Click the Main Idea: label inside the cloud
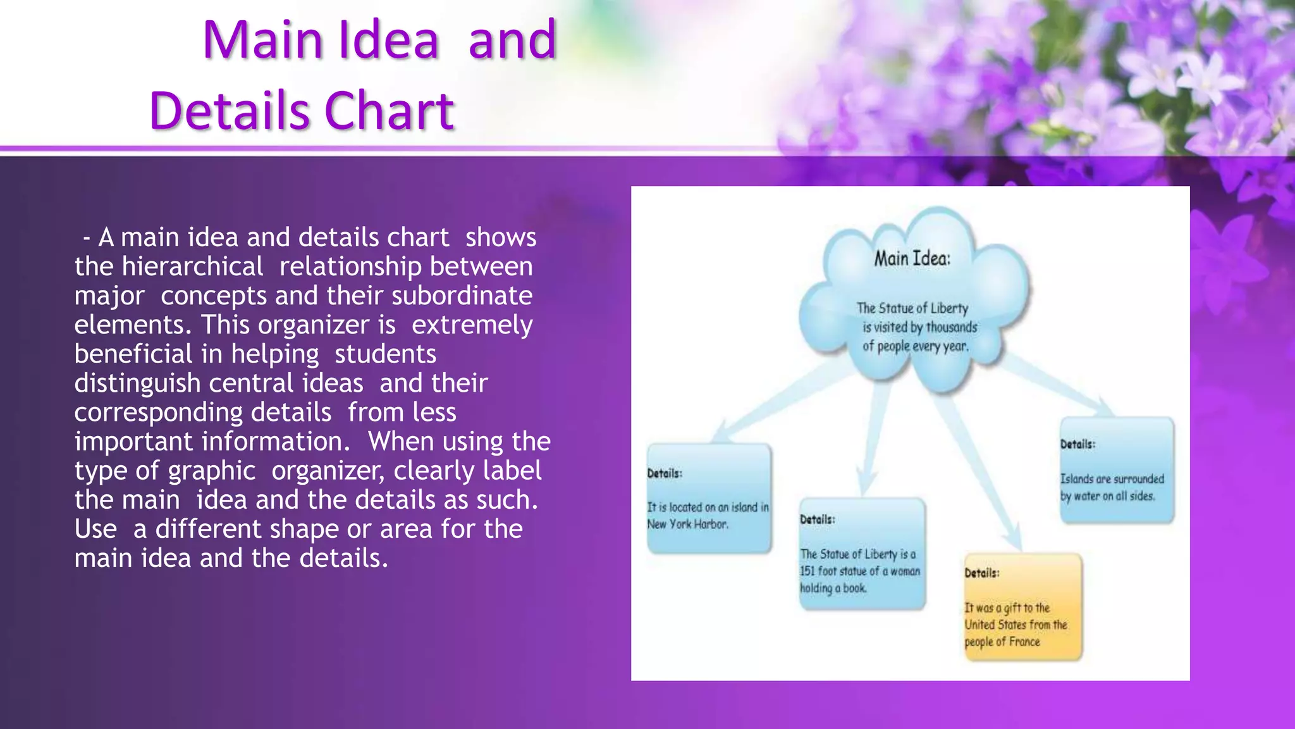[x=912, y=258]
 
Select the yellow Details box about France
[x=1022, y=607]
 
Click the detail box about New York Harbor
[x=708, y=499]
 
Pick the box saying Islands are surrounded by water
[x=1116, y=470]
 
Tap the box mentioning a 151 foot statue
[x=861, y=554]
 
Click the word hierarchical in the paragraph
[x=192, y=266]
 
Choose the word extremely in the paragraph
[x=472, y=325]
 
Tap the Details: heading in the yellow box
[x=981, y=573]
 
